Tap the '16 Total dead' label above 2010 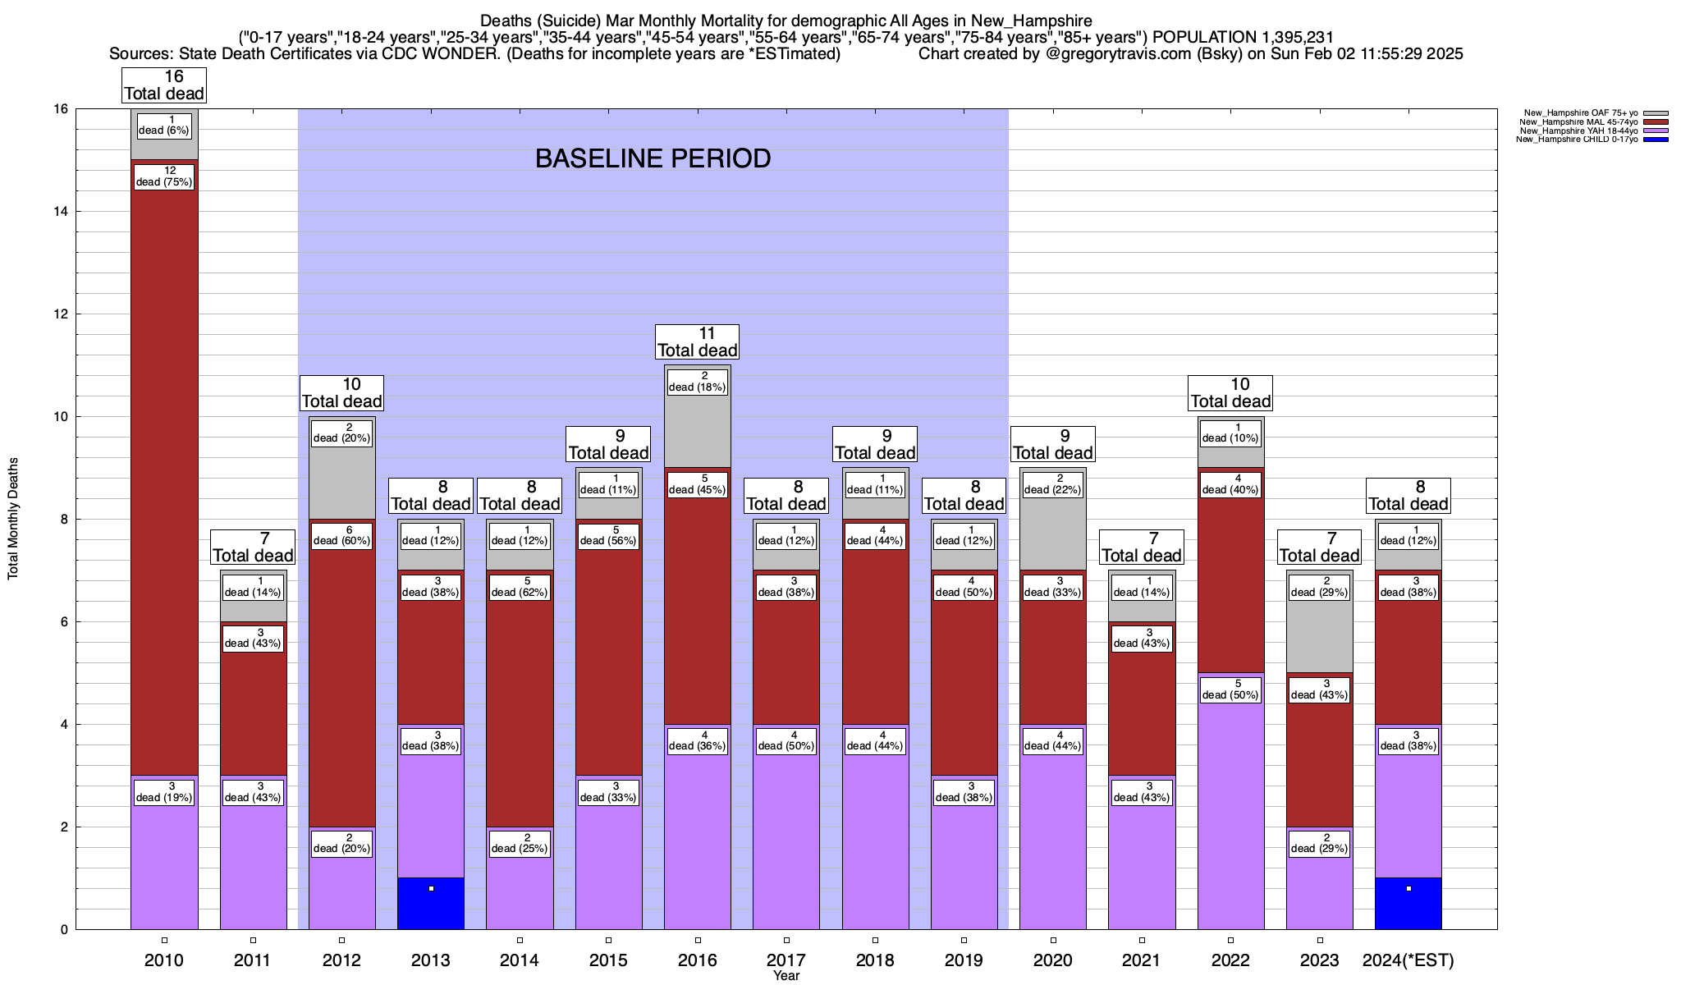tap(164, 85)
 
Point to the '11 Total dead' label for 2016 tap(698, 341)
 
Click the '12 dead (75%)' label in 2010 tap(164, 176)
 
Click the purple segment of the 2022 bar tap(1230, 821)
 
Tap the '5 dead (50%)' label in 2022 tap(1230, 689)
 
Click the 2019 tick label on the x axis tap(964, 960)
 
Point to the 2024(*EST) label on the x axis tap(1408, 960)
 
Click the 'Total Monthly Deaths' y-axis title tap(13, 519)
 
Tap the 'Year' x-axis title tap(786, 976)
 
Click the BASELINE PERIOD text tap(653, 158)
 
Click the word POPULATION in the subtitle tap(1202, 37)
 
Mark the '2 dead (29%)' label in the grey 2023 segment tap(1320, 587)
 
